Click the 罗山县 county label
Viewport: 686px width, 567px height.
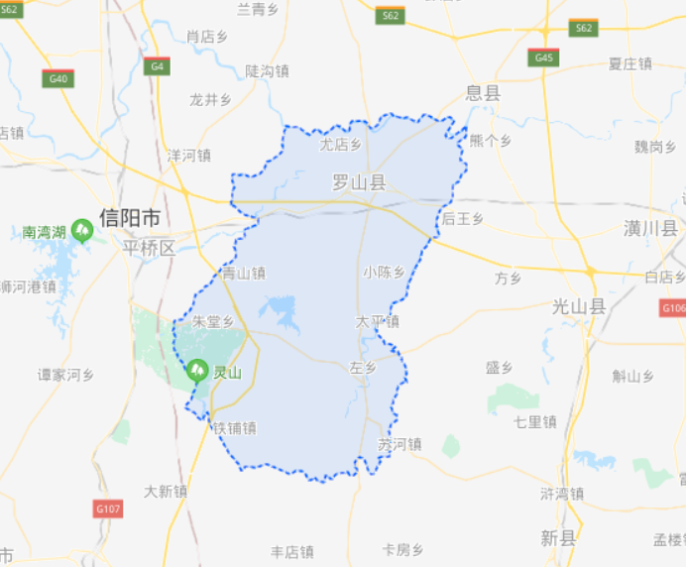(x=358, y=182)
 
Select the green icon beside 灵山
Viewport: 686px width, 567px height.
(x=196, y=371)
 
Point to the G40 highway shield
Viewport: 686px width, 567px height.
(x=57, y=78)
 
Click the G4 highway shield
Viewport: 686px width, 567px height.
(x=156, y=66)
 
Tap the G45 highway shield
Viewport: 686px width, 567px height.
(x=543, y=58)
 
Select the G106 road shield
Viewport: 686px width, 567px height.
(x=673, y=308)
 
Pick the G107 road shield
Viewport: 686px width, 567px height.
(x=108, y=509)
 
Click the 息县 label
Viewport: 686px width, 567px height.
(x=484, y=93)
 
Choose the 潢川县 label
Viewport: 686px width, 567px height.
(x=651, y=229)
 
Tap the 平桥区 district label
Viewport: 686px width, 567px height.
(x=148, y=247)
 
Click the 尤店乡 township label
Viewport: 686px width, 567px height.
(x=340, y=145)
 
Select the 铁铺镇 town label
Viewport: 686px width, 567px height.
(x=235, y=428)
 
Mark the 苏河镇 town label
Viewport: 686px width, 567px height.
(x=400, y=444)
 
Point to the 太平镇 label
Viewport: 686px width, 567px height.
(x=378, y=321)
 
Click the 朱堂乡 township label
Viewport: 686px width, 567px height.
(x=213, y=322)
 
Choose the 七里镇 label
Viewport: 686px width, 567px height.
(x=534, y=421)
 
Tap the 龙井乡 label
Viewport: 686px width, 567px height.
(x=210, y=99)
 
